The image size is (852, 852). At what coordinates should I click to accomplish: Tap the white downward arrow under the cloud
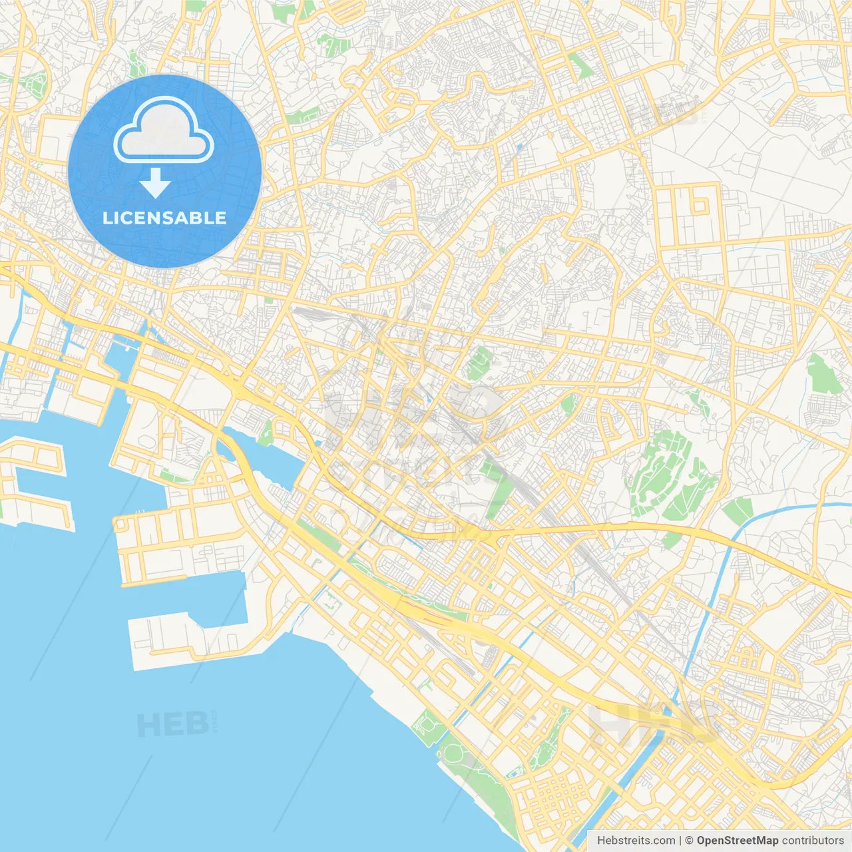(155, 183)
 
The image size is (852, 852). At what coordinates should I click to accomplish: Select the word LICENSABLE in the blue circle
(164, 218)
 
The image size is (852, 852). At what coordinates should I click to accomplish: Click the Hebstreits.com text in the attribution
(636, 841)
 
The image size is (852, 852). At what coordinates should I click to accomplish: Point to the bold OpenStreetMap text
(737, 841)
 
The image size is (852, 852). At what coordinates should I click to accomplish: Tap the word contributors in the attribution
(812, 841)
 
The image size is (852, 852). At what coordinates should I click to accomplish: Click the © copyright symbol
(690, 841)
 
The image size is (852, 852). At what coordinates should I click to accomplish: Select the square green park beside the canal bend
(738, 511)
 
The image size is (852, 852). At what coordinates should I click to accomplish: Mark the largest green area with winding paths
(669, 473)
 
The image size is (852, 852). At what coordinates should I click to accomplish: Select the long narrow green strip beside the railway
(498, 493)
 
